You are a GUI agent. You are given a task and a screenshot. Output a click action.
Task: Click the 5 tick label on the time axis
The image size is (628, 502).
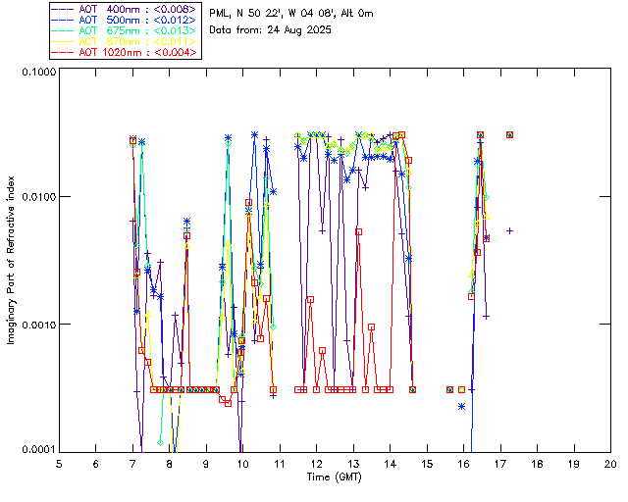[x=59, y=463]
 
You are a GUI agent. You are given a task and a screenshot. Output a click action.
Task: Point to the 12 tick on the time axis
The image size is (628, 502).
[x=316, y=463]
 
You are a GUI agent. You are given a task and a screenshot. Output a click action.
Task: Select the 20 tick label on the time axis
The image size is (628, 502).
[x=610, y=463]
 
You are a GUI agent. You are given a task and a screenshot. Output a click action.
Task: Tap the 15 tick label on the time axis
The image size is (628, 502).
[x=427, y=463]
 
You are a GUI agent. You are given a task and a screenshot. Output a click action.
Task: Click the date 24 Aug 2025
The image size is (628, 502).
[x=298, y=30]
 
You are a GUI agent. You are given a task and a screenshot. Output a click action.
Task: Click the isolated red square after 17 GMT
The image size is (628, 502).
[x=509, y=134]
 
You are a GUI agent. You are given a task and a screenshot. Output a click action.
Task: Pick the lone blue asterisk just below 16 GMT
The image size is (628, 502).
[x=461, y=406]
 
